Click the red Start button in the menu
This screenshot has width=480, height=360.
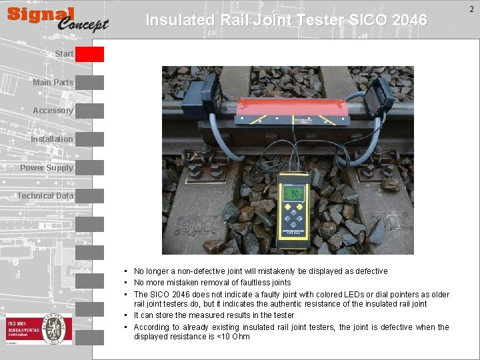89,54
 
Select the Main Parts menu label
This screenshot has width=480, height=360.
53,83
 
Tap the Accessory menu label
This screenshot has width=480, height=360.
53,111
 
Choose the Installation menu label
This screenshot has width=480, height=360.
51,139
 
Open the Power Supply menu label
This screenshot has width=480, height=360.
46,168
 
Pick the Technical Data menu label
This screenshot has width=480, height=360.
45,196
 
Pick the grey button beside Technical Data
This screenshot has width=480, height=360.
89,196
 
